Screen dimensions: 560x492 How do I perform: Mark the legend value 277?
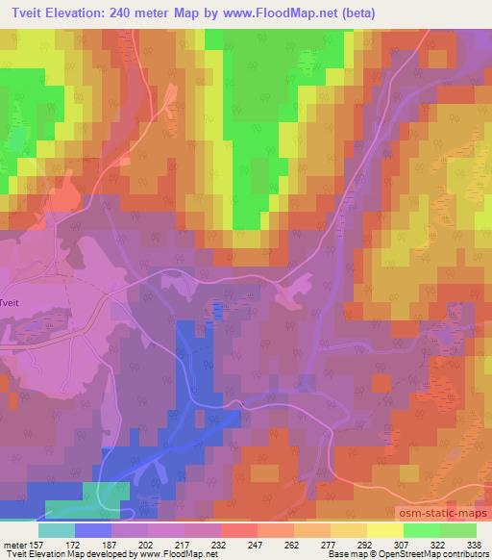[x=328, y=544]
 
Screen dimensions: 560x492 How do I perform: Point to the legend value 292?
[x=364, y=544]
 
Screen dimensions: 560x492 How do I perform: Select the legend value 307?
[x=400, y=544]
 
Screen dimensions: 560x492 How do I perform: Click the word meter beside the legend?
[x=15, y=544]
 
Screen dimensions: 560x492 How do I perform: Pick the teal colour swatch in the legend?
[x=57, y=530]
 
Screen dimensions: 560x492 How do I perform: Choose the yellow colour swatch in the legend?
[x=385, y=530]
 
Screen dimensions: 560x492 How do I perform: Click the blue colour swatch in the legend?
[x=93, y=530]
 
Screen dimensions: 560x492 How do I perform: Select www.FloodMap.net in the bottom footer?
[x=175, y=554]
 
